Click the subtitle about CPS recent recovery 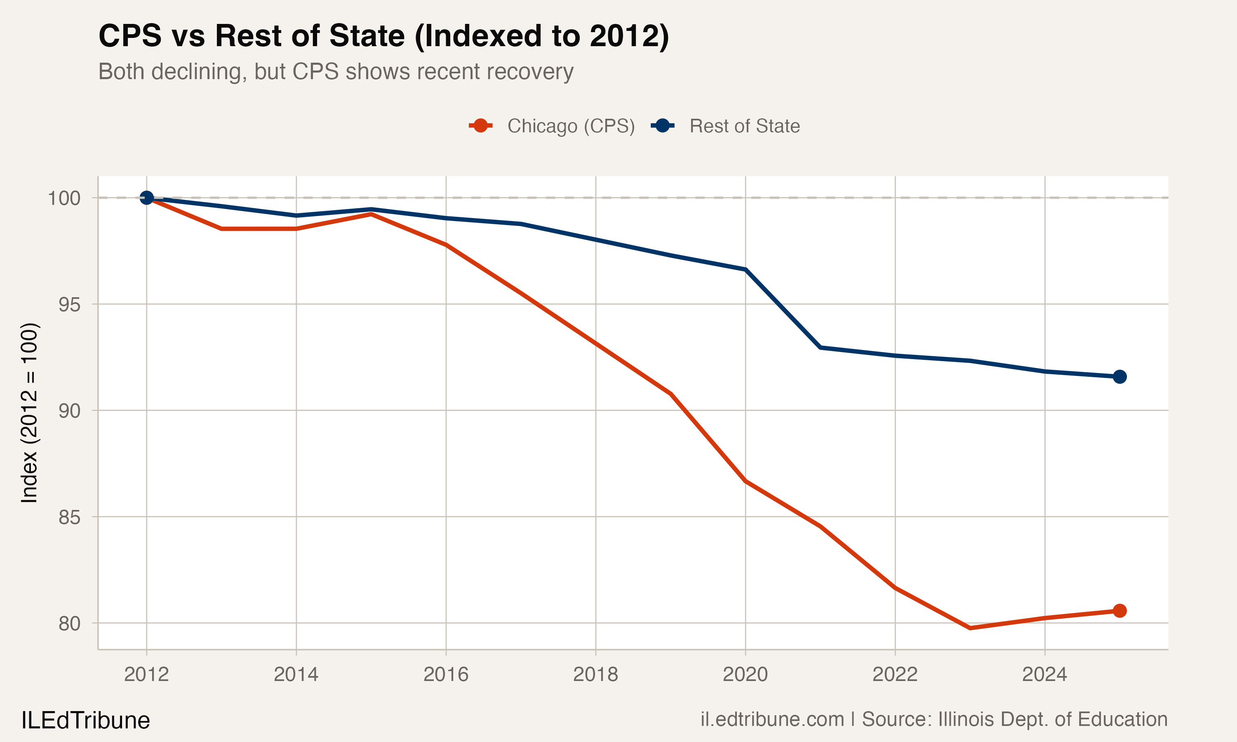click(336, 71)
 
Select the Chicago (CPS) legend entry click(552, 126)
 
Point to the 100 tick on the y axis click(64, 198)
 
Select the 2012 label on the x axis click(146, 674)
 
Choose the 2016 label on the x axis click(446, 674)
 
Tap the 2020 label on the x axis click(745, 674)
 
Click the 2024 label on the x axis click(1044, 674)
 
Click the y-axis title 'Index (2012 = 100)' click(29, 413)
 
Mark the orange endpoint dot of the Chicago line click(1119, 611)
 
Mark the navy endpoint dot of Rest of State click(1119, 376)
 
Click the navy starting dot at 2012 click(146, 198)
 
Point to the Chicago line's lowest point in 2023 click(970, 627)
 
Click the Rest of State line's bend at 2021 click(821, 347)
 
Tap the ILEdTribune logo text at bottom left click(85, 721)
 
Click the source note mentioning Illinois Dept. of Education click(934, 719)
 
